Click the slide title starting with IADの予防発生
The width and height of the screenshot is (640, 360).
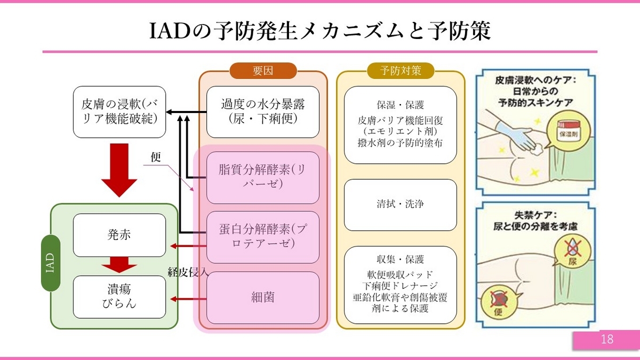pyautogui.click(x=319, y=30)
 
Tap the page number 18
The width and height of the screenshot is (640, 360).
pyautogui.click(x=606, y=340)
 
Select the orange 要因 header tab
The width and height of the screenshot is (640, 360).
pyautogui.click(x=262, y=70)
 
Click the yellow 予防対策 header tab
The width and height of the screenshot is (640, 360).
pyautogui.click(x=400, y=70)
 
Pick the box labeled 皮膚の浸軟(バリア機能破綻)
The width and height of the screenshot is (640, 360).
pyautogui.click(x=119, y=111)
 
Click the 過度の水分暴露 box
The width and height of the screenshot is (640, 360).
pyautogui.click(x=262, y=111)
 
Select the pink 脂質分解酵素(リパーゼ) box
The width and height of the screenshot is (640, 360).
pyautogui.click(x=262, y=178)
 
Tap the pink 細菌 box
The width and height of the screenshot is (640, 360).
pyautogui.click(x=262, y=297)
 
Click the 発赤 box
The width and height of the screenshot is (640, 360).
pyautogui.click(x=119, y=235)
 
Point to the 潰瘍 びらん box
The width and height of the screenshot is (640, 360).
pyautogui.click(x=119, y=297)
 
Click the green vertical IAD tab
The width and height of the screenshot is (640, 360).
pyautogui.click(x=51, y=263)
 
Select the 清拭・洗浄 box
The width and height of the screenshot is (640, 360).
pyautogui.click(x=400, y=204)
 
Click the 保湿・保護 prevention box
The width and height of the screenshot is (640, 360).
pyautogui.click(x=400, y=124)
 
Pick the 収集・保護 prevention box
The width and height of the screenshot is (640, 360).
pyautogui.click(x=400, y=284)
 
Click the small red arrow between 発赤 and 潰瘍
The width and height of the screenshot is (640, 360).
pyautogui.click(x=119, y=265)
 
